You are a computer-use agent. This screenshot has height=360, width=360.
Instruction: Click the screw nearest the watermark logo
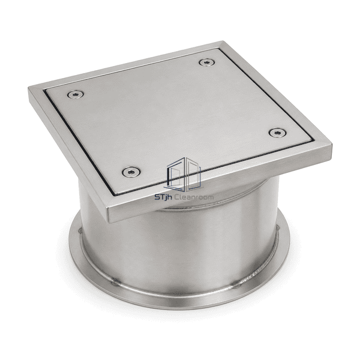pyautogui.click(x=131, y=172)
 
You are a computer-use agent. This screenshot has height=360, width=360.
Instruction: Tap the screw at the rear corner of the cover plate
pyautogui.click(x=207, y=62)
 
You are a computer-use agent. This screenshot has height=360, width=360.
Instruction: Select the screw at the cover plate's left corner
pyautogui.click(x=76, y=94)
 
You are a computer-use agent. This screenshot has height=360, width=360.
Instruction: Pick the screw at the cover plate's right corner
pyautogui.click(x=278, y=133)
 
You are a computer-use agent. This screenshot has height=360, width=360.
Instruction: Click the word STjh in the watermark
pyautogui.click(x=163, y=197)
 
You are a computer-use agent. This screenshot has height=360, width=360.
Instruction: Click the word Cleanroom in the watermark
pyautogui.click(x=194, y=197)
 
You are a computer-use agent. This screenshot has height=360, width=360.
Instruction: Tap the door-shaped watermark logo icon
pyautogui.click(x=184, y=175)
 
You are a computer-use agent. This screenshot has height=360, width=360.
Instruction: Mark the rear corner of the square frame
pyautogui.click(x=222, y=41)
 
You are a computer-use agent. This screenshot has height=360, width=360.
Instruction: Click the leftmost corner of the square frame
pyautogui.click(x=28, y=87)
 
